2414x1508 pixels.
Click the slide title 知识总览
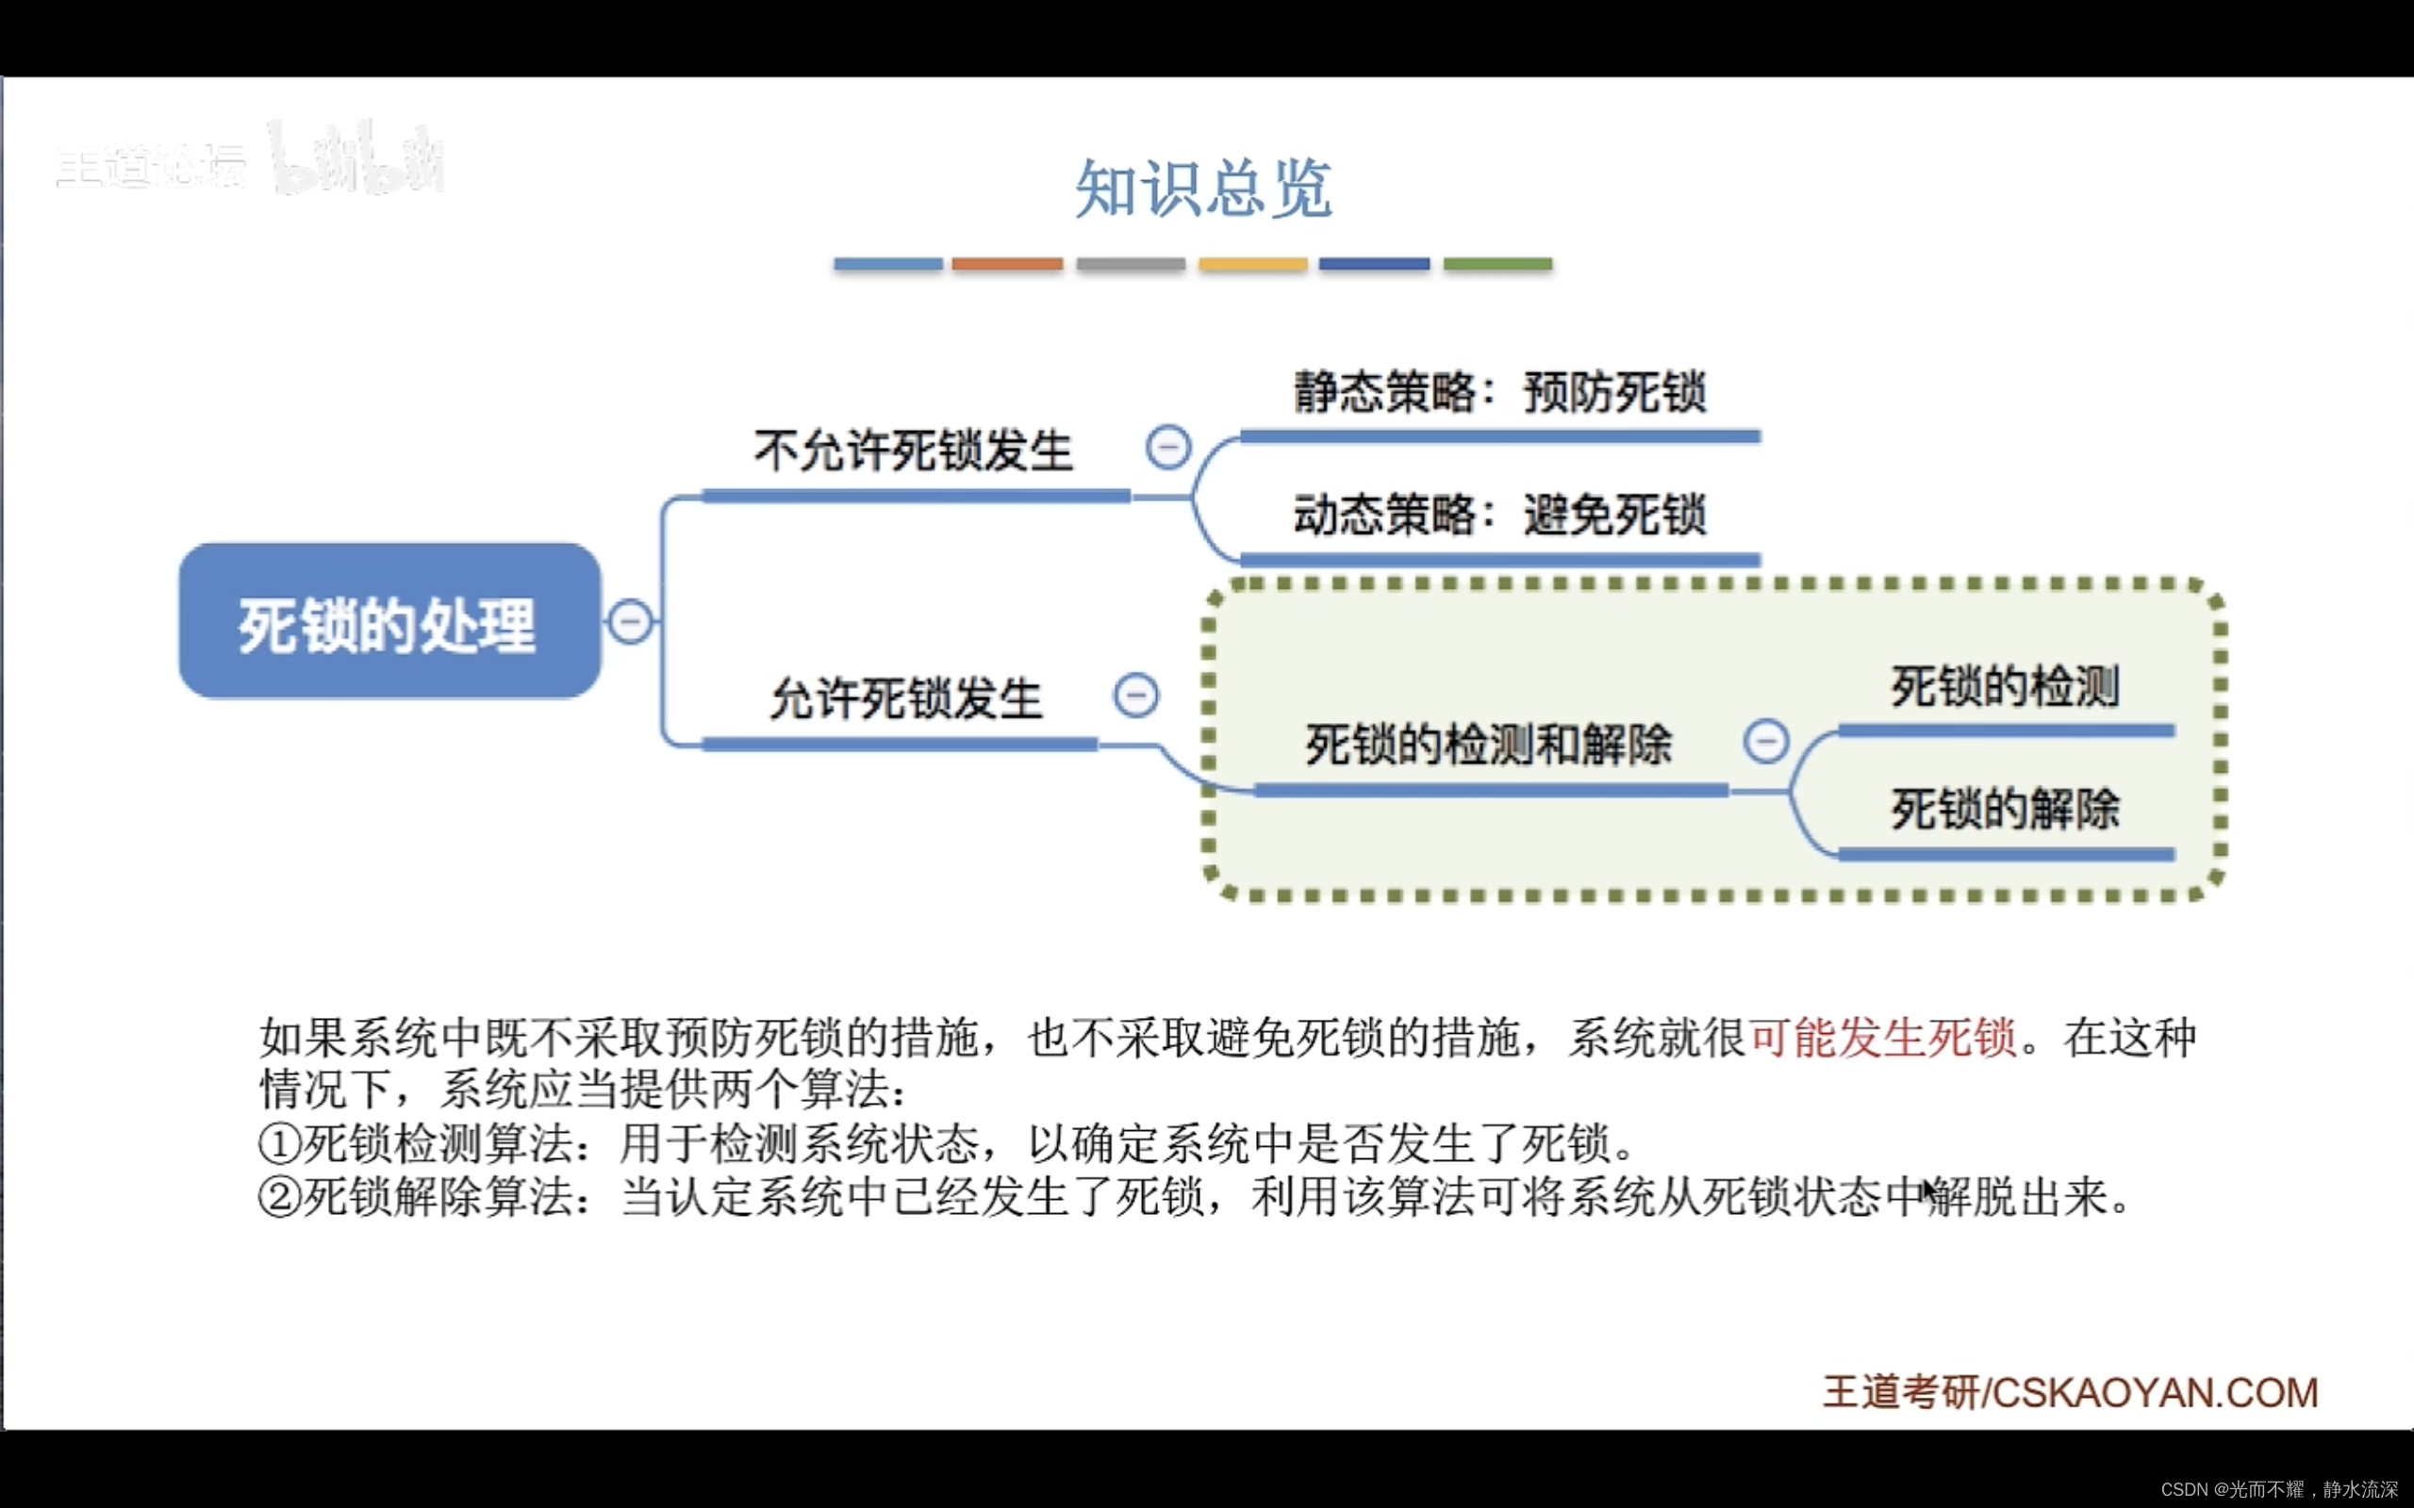[1203, 188]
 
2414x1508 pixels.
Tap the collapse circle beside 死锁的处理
[631, 621]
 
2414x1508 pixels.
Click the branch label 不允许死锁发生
[913, 451]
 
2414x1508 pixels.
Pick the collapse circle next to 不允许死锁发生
[1168, 447]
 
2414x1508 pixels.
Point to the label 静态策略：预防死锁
[1499, 392]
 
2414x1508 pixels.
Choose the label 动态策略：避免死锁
[1499, 516]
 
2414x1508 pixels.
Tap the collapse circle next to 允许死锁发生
[1136, 696]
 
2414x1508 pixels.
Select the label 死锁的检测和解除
[1488, 745]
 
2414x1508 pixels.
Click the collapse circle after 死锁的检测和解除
[1765, 741]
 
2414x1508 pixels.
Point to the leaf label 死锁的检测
[2005, 687]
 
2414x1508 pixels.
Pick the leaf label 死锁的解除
[2005, 809]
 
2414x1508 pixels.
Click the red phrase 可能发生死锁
[1883, 1038]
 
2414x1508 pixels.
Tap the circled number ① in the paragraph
[279, 1144]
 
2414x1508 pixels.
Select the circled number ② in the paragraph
[279, 1197]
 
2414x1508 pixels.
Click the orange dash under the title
[1007, 264]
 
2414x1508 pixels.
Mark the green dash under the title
[1497, 264]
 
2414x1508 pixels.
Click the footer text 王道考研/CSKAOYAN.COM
[2071, 1393]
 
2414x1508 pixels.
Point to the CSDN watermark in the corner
[2278, 1489]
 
